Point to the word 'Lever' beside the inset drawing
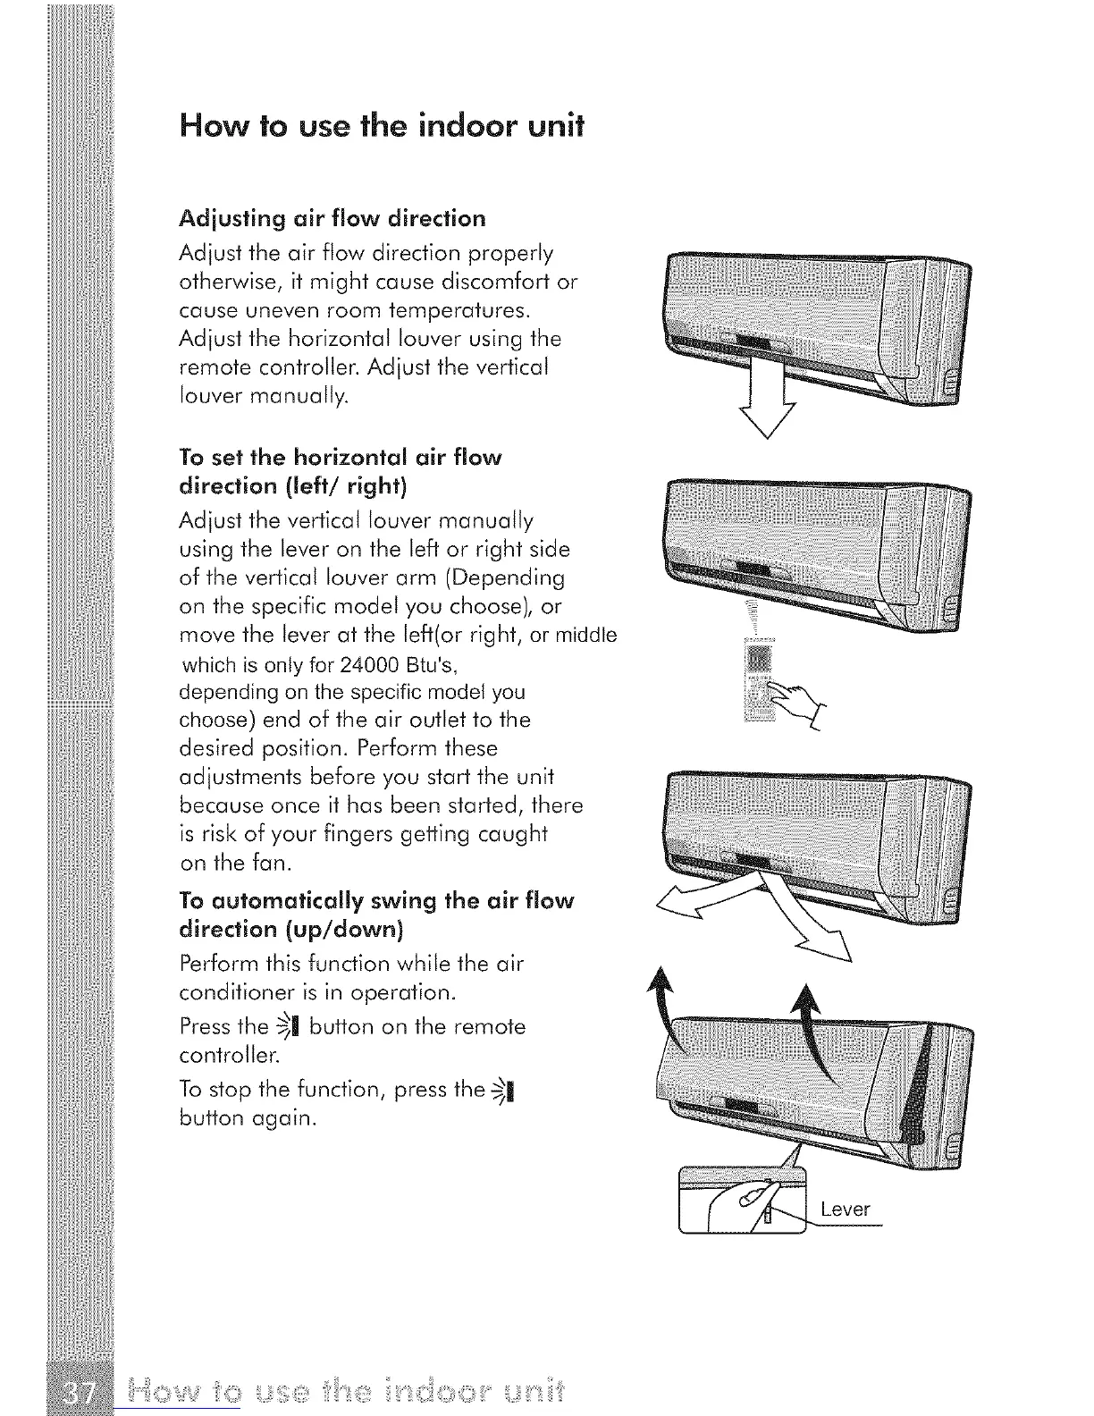(x=845, y=1209)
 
